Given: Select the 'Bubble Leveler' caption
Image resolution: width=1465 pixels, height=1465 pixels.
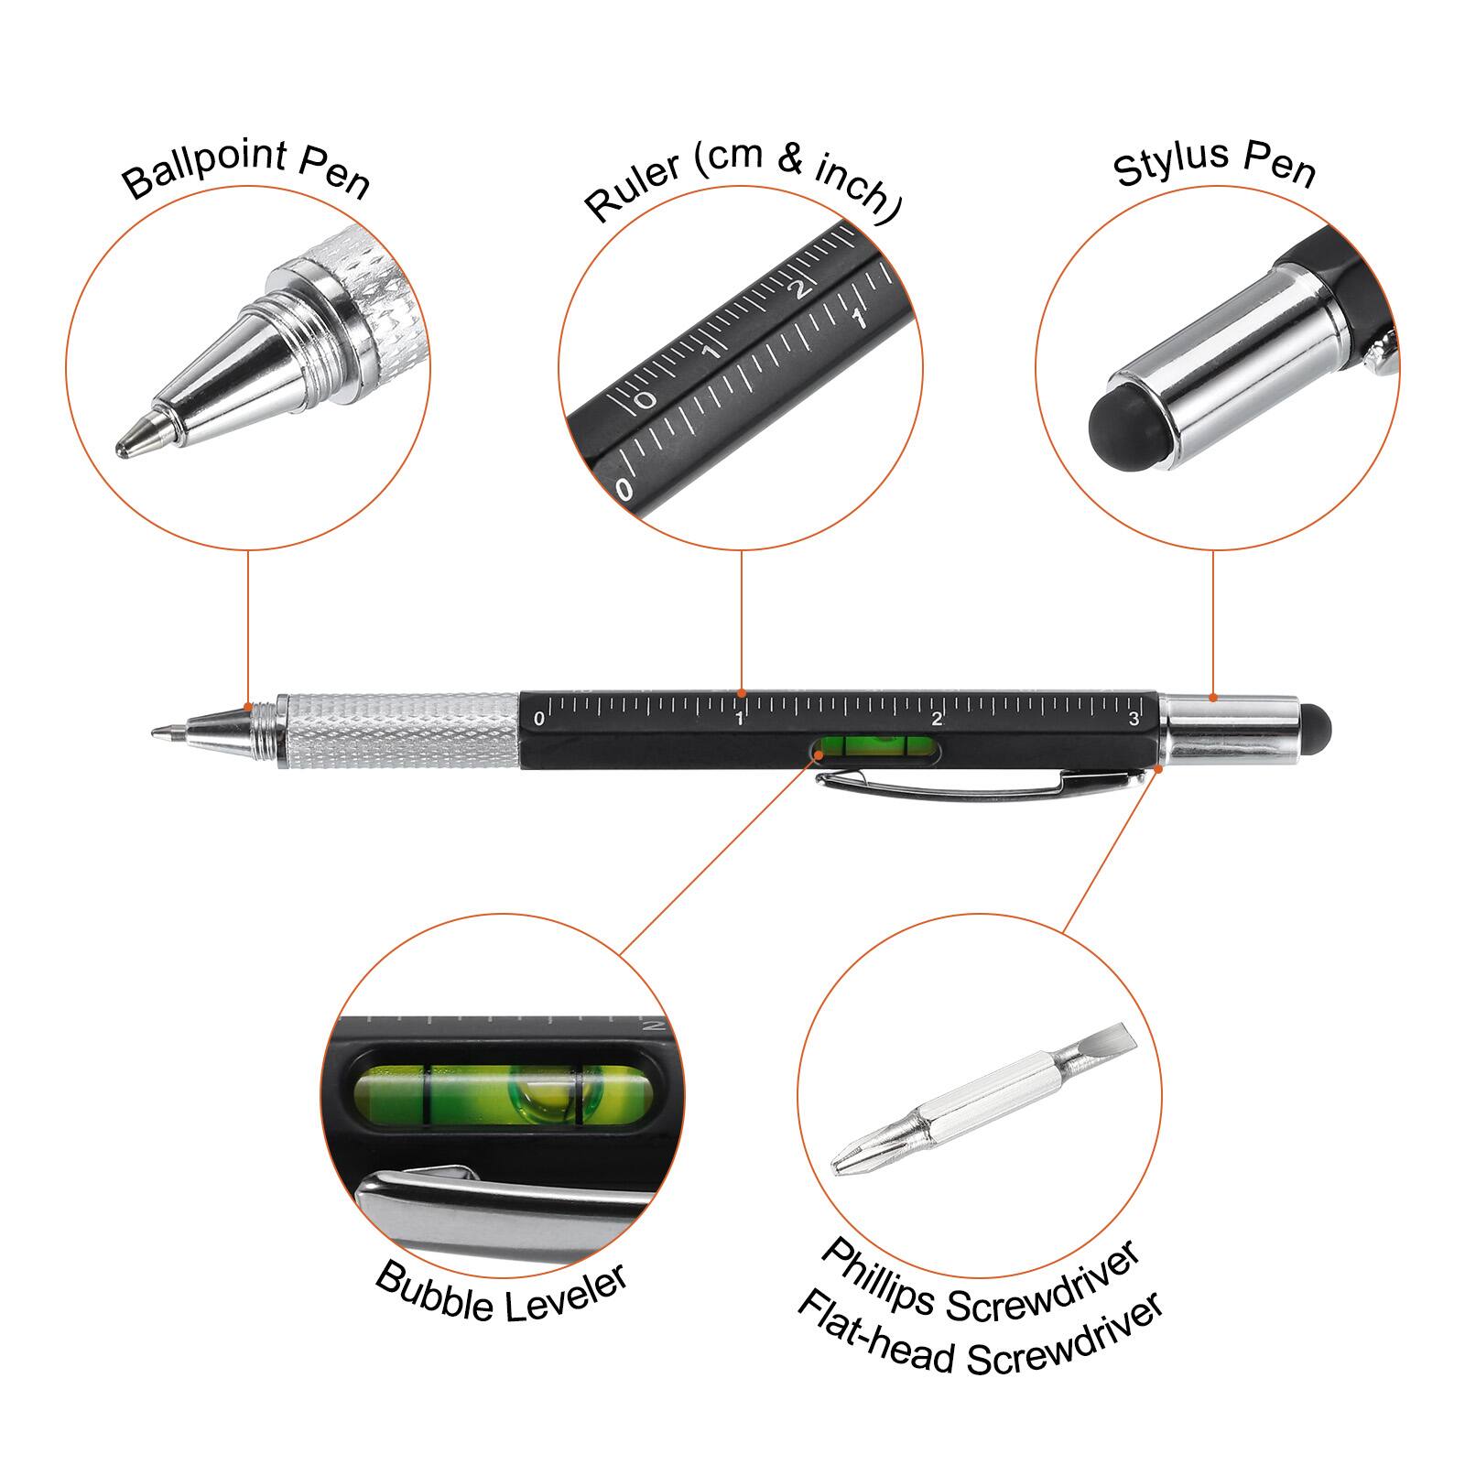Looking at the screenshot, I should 501,1293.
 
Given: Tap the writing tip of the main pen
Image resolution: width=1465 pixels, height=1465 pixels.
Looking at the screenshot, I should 157,732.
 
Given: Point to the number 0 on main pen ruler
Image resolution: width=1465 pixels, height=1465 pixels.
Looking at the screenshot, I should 538,719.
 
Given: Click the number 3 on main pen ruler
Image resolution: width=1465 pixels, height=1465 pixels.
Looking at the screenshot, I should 1134,719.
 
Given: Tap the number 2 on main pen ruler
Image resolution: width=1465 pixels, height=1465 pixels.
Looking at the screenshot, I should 937,719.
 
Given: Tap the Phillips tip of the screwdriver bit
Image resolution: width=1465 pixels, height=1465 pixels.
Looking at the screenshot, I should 847,1162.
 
